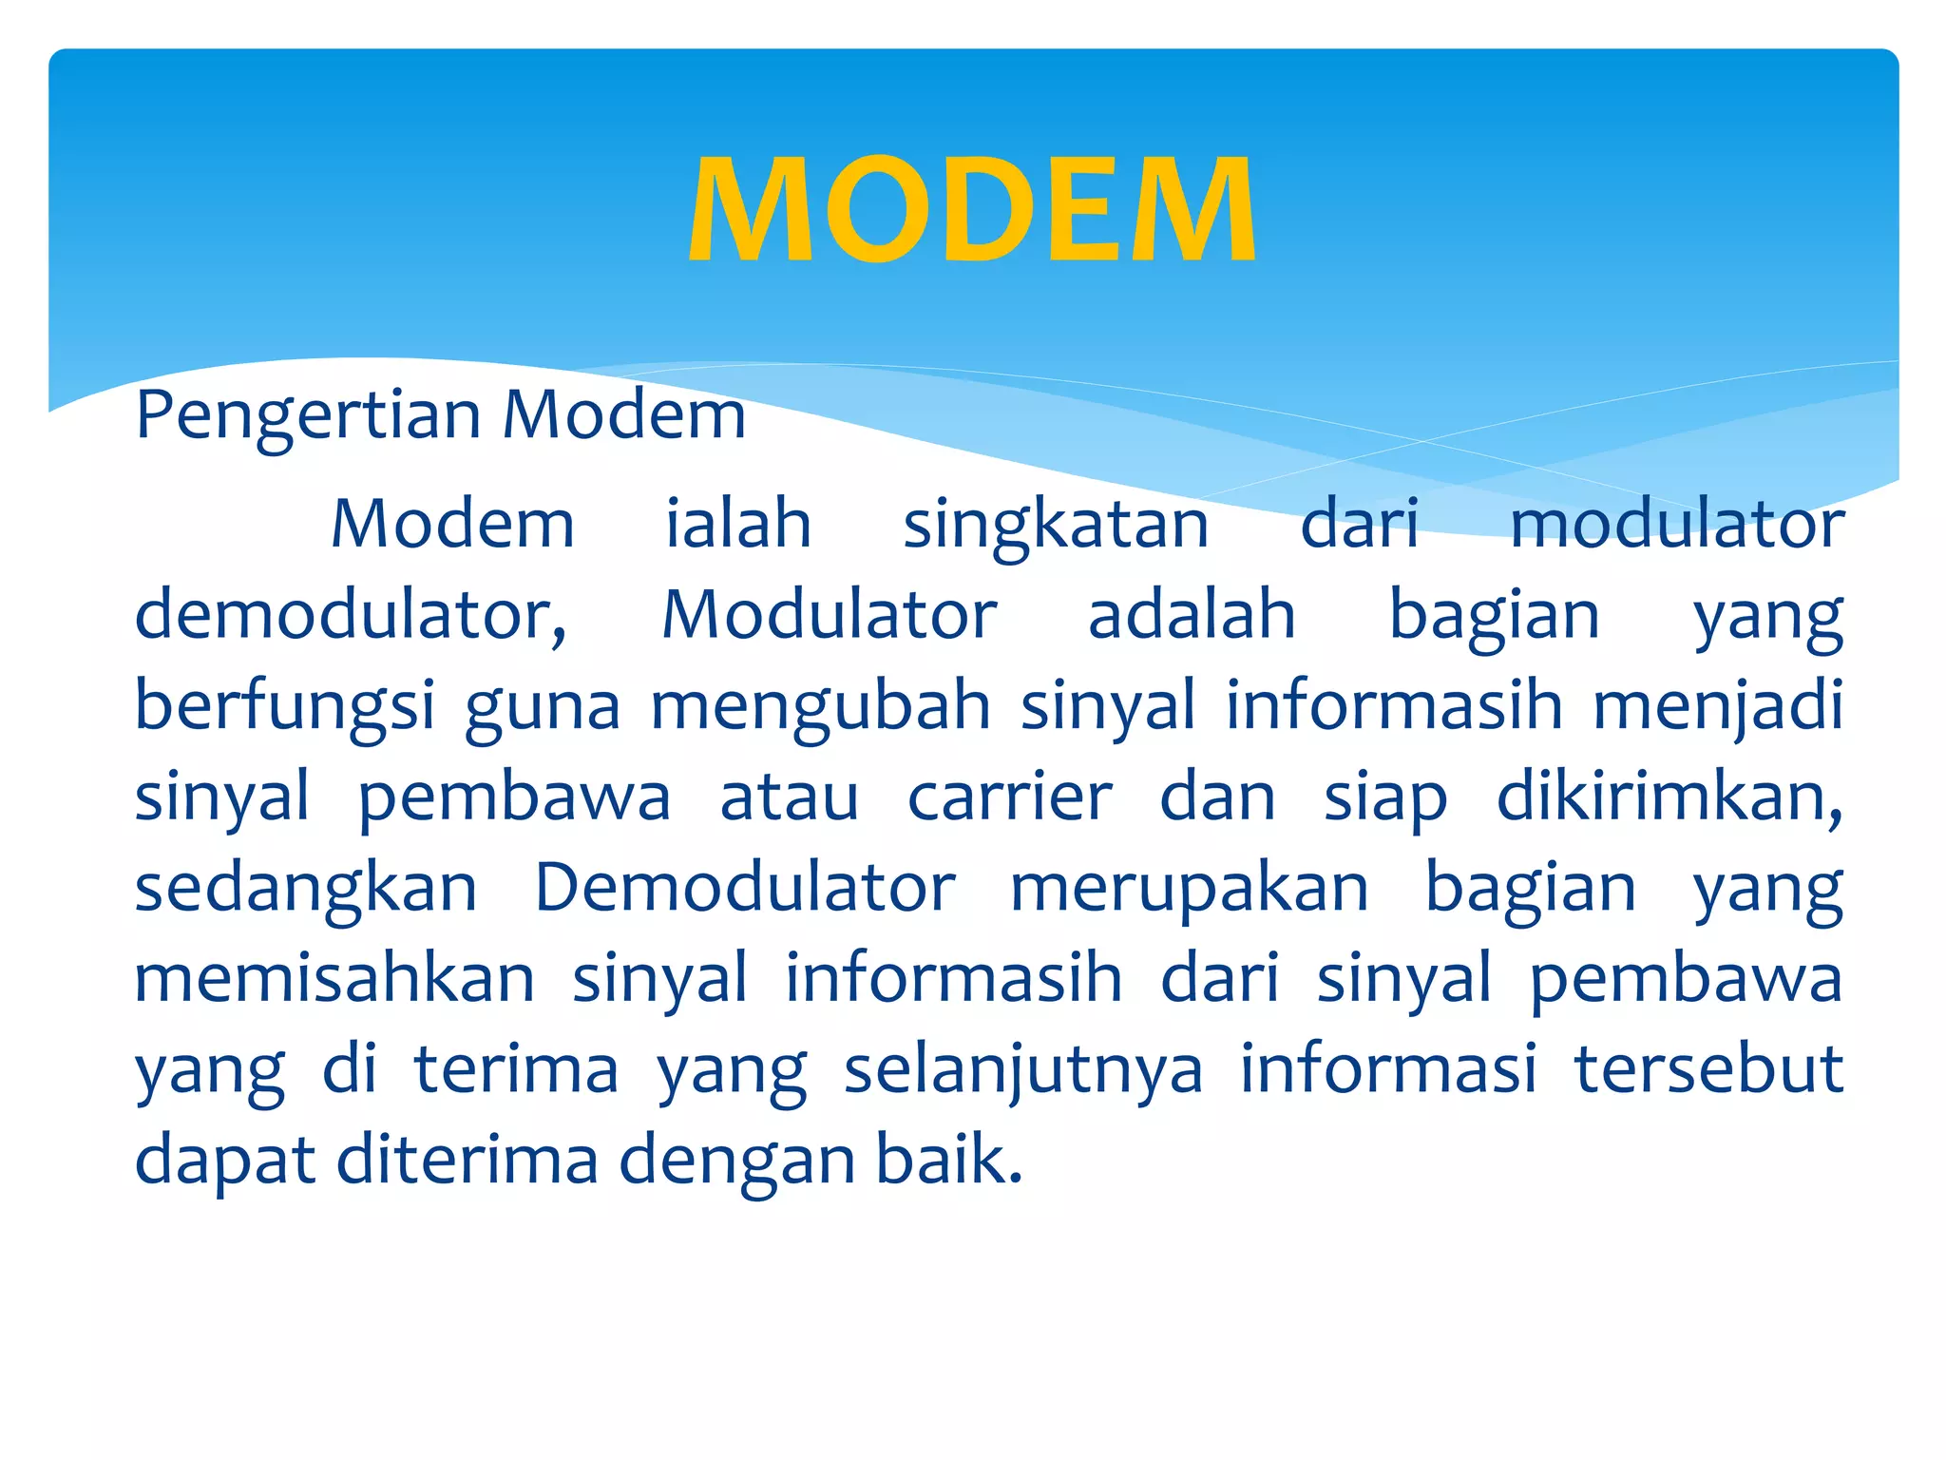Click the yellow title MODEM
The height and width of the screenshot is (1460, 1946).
[972, 209]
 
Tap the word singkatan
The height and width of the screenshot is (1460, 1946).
[1056, 526]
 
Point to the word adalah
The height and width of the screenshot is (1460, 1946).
[1192, 615]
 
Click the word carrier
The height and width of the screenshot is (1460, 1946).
[1009, 797]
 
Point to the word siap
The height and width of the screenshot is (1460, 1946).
[1385, 797]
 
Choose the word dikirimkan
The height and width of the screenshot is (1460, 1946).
[1669, 797]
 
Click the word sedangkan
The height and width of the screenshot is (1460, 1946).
[306, 889]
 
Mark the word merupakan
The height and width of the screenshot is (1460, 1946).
[1189, 889]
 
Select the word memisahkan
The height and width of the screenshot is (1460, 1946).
[334, 979]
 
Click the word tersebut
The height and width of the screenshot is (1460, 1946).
[1708, 1068]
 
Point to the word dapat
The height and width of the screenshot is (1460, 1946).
[225, 1161]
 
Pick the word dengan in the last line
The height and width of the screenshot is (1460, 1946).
[738, 1161]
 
